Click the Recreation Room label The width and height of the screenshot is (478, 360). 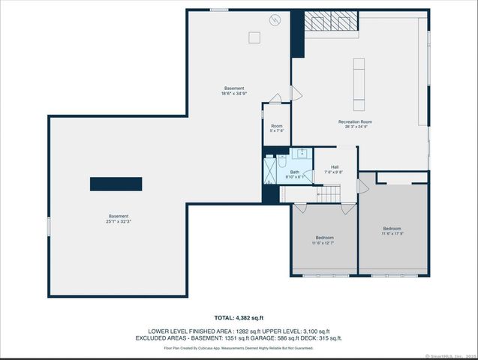point(355,124)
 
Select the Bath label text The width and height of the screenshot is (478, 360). point(294,174)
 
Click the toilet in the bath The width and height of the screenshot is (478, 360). point(279,162)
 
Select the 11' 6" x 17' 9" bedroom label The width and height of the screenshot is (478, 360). point(392,231)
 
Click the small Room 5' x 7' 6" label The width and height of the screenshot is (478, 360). point(276,128)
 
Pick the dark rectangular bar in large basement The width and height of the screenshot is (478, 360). point(116,184)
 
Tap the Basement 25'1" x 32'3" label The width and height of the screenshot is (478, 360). point(118,218)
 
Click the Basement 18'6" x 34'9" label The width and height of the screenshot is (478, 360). point(233,91)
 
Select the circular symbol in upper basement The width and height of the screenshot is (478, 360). point(275,20)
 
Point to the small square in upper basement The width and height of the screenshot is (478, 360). point(255,37)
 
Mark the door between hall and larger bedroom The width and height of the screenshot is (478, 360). point(362,185)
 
